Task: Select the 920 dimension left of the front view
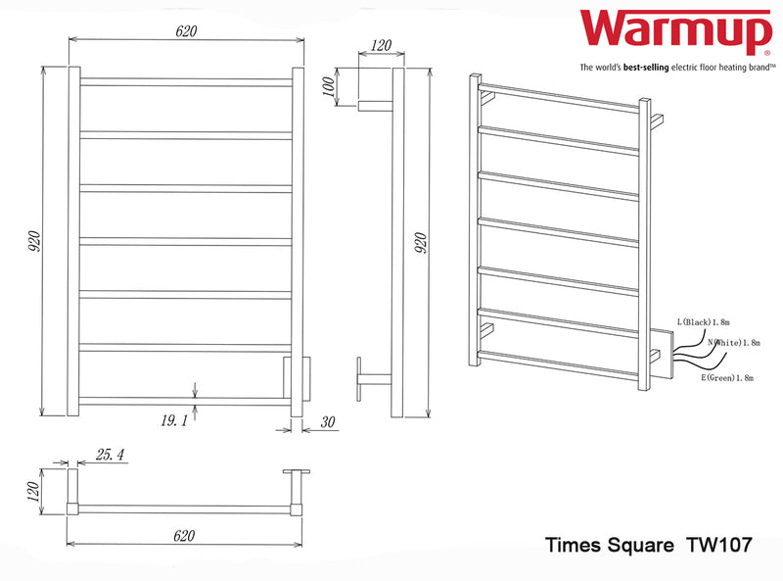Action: click(33, 241)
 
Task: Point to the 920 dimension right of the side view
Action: click(422, 241)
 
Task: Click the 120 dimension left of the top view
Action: click(33, 491)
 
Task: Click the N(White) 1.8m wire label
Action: click(732, 343)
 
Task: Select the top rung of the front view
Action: click(186, 81)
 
